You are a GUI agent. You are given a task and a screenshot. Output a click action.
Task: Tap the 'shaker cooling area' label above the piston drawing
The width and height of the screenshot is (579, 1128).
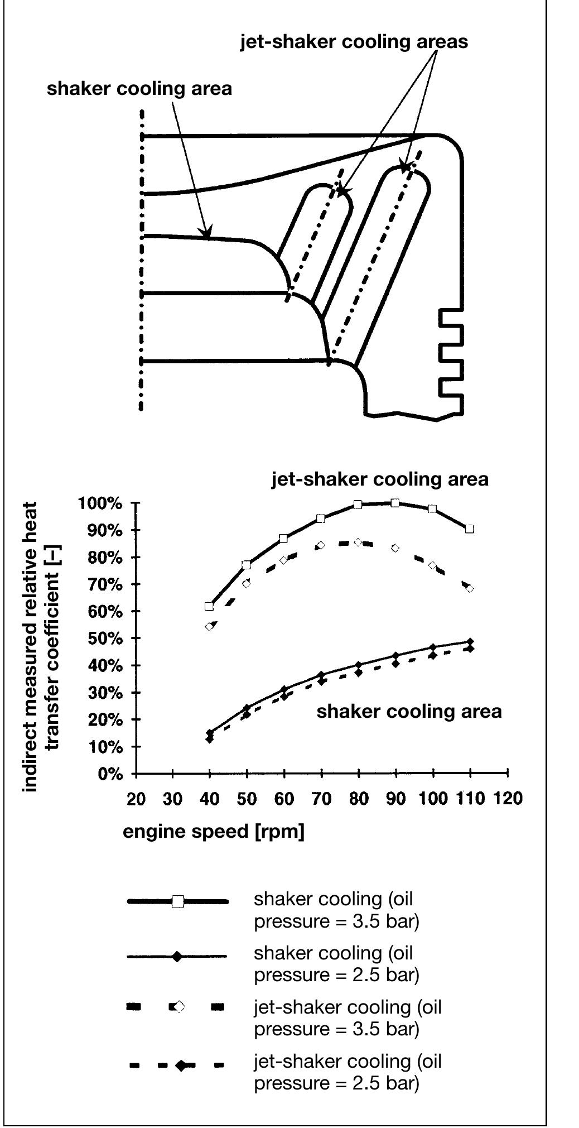pyautogui.click(x=139, y=89)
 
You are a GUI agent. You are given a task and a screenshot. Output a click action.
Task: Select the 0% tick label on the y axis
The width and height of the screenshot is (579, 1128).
pyautogui.click(x=110, y=774)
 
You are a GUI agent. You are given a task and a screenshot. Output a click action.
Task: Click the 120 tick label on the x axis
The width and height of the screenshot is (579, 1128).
pyautogui.click(x=507, y=799)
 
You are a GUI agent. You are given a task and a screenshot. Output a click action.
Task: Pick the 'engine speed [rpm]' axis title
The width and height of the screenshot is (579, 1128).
pyautogui.click(x=214, y=832)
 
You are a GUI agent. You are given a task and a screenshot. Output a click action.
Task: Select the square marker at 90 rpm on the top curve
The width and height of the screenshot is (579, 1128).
pyautogui.click(x=395, y=503)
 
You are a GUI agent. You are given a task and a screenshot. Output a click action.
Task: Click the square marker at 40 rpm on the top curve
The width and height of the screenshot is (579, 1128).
pyautogui.click(x=209, y=606)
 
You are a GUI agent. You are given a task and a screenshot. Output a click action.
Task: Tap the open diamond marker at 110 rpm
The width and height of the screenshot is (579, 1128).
pyautogui.click(x=470, y=588)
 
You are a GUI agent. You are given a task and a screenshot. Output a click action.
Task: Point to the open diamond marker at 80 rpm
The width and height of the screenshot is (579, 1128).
pyautogui.click(x=358, y=542)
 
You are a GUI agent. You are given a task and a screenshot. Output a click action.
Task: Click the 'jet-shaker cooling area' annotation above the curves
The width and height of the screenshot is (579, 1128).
pyautogui.click(x=380, y=479)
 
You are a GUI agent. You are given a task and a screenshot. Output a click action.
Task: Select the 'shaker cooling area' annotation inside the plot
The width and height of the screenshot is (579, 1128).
pyautogui.click(x=409, y=711)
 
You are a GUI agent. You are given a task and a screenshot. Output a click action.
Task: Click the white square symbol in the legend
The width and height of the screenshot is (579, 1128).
pyautogui.click(x=177, y=901)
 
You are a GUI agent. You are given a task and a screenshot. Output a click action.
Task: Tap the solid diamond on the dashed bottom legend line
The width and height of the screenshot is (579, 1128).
pyautogui.click(x=181, y=1065)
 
